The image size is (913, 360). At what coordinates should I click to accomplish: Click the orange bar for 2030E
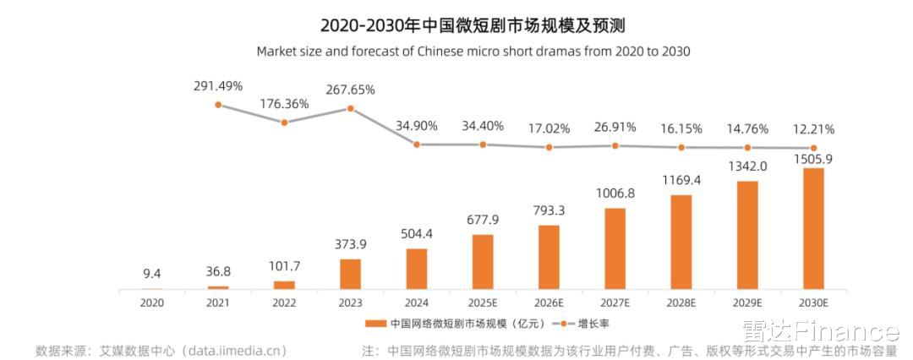point(813,228)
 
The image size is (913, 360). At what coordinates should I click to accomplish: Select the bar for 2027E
point(615,248)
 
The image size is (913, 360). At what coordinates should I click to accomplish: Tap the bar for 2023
point(350,274)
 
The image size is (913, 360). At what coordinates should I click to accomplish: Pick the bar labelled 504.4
point(416,269)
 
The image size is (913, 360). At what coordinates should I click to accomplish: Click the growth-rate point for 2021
point(218,105)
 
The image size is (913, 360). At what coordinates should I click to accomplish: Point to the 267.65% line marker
point(350,108)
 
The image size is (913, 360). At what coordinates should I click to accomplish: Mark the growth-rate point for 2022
point(284,123)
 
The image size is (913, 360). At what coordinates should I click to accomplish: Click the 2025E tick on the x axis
point(483,302)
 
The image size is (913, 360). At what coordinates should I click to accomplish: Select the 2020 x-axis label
point(151,302)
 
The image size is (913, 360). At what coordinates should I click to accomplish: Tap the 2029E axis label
point(747,302)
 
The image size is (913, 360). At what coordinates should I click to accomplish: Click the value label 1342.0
point(747,166)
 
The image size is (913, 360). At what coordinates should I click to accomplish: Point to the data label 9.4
point(151,273)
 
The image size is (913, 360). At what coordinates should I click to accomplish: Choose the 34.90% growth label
point(417,126)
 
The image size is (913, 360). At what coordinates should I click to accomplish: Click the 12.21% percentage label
point(813,129)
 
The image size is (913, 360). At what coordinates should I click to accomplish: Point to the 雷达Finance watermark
point(819,330)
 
